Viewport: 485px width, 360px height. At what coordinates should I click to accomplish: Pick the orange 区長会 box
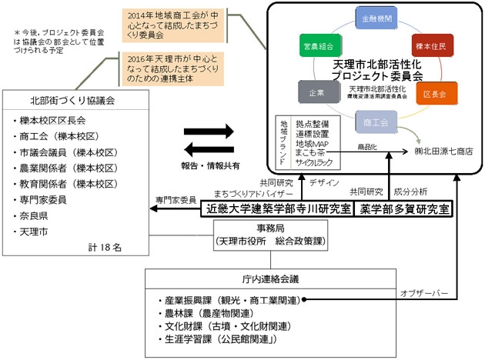tap(435, 95)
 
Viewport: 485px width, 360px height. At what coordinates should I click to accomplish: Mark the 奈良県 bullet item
tap(35, 214)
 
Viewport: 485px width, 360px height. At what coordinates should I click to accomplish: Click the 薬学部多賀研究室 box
tap(405, 208)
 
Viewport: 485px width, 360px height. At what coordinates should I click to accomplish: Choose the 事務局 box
tap(266, 235)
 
